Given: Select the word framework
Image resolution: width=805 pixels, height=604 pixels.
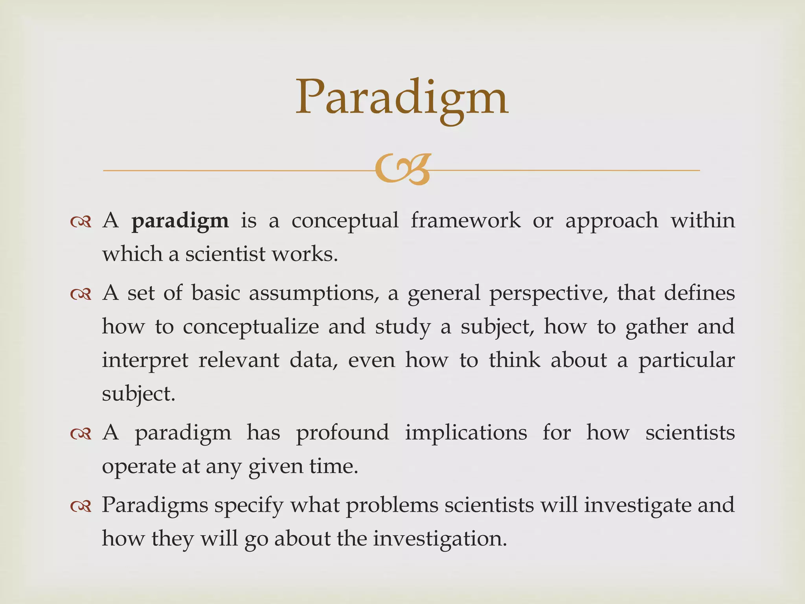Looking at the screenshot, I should [466, 220].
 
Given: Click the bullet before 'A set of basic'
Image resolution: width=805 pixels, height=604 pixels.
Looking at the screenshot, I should [81, 294].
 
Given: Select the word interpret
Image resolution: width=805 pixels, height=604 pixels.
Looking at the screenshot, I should [145, 361].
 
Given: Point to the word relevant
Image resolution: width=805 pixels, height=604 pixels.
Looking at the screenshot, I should [239, 360].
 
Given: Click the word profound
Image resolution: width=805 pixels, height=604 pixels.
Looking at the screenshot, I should [342, 433].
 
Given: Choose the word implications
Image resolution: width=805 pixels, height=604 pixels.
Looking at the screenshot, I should [466, 433].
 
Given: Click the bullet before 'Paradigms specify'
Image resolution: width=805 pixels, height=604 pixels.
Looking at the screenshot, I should [81, 506].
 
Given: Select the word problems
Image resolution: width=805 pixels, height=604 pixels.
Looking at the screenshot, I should [392, 506].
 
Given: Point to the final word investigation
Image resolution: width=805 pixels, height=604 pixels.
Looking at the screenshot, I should [440, 539].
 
